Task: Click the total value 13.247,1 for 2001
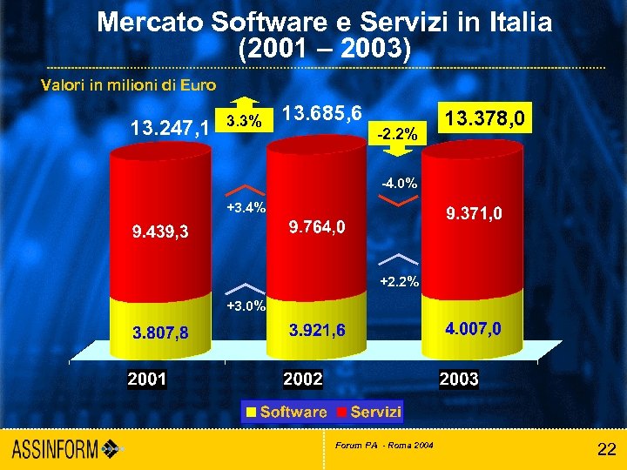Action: coord(169,129)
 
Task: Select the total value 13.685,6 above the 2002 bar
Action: coord(323,115)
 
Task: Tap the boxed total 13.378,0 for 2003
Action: coord(483,117)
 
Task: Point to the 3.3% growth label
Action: coord(243,121)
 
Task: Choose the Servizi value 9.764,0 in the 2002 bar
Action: coord(317,227)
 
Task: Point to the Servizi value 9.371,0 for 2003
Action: coord(474,213)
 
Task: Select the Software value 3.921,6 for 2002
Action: coord(317,330)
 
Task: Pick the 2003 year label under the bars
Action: coord(459,379)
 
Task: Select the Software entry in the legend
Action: coord(287,412)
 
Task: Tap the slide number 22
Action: coord(606,449)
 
